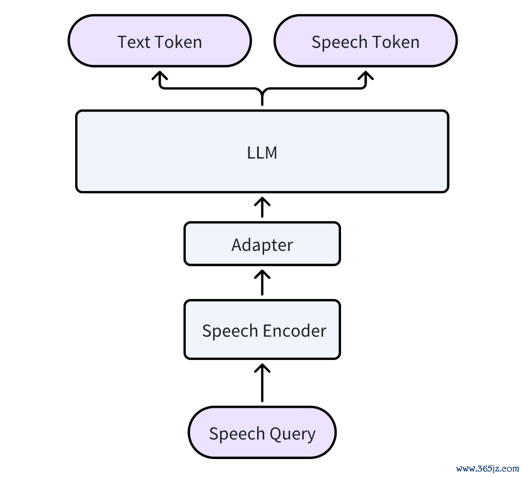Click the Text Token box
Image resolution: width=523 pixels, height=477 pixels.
[x=160, y=41]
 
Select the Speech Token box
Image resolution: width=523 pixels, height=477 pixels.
[x=366, y=41]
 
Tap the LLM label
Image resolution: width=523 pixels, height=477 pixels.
[x=262, y=152]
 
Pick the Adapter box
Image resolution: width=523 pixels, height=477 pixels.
[x=262, y=243]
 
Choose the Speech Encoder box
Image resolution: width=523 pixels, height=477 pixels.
[x=262, y=329]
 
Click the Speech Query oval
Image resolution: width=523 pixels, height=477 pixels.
[x=262, y=432]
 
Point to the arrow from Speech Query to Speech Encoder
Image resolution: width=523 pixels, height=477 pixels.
[x=262, y=383]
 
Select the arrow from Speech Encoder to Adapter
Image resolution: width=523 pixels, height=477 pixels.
[x=262, y=283]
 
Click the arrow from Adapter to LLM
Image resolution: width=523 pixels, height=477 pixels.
[x=262, y=207]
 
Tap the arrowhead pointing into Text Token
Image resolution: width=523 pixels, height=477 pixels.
[x=160, y=75]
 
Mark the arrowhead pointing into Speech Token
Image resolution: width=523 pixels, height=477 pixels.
[x=366, y=75]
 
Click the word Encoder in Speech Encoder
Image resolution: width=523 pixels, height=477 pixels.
[x=295, y=331]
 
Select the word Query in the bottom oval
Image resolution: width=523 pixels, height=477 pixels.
[x=292, y=434]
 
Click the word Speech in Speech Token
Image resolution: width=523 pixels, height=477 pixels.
[x=339, y=42]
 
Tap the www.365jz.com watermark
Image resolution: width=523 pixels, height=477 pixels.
[x=487, y=469]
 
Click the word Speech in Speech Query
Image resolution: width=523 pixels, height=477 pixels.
[x=237, y=434]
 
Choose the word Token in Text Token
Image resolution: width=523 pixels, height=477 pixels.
[x=179, y=42]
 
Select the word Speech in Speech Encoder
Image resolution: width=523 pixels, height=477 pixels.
[x=230, y=331]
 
